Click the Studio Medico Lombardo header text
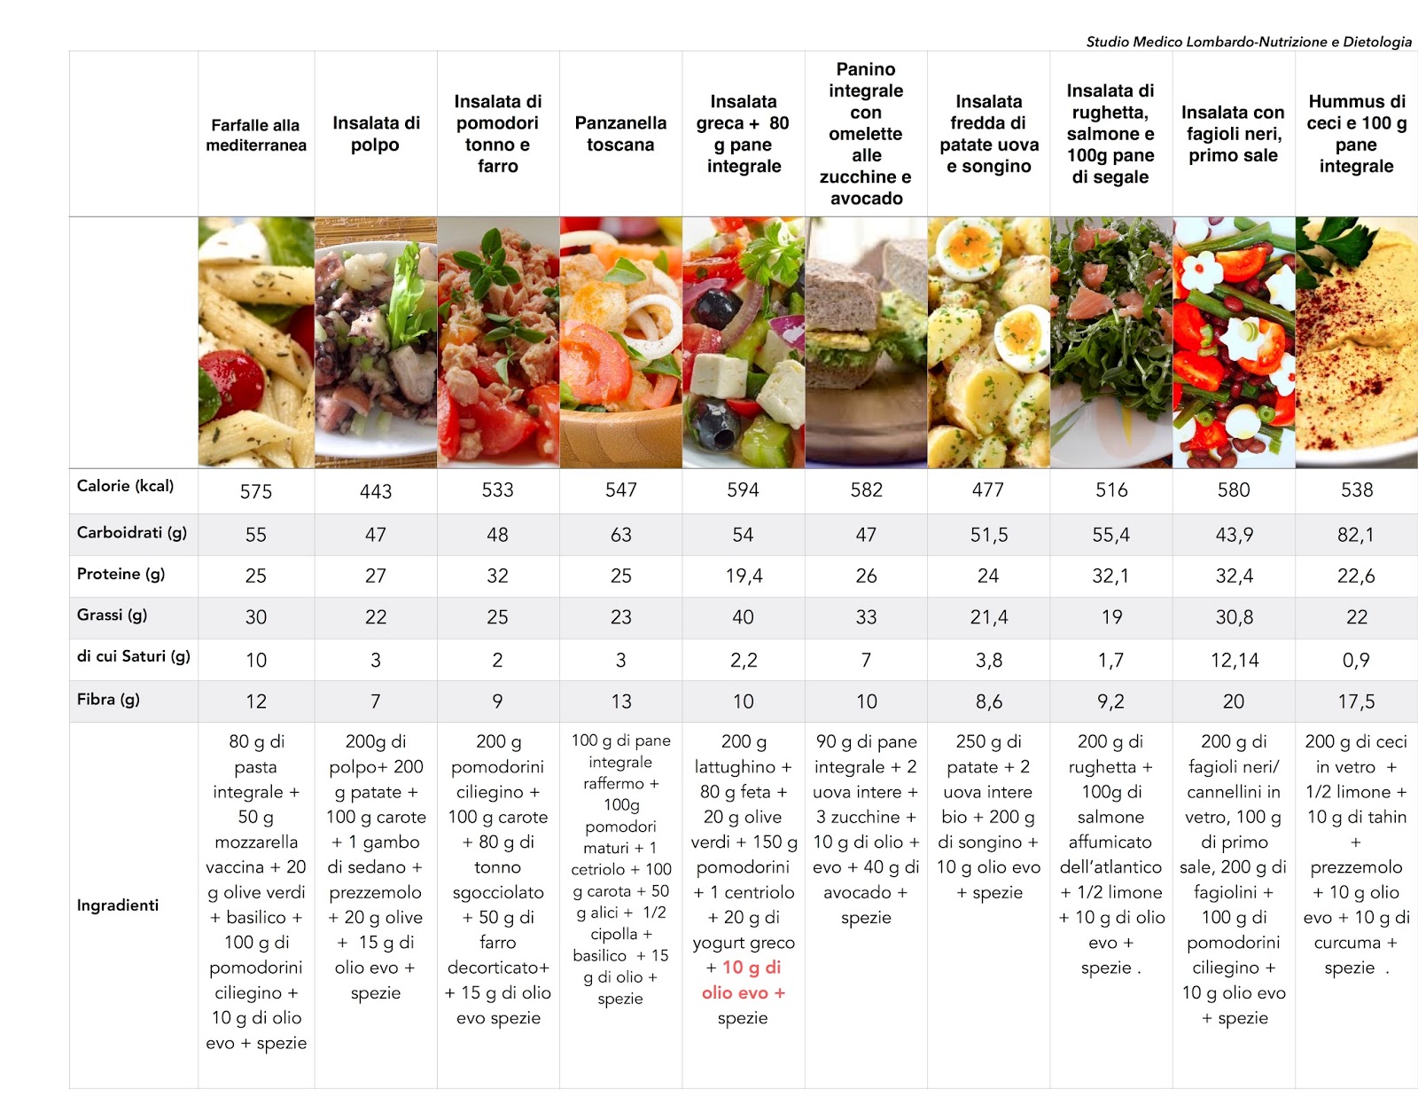[x=1248, y=42]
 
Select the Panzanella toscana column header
[x=620, y=134]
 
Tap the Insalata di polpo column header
[x=376, y=134]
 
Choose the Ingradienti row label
[x=118, y=905]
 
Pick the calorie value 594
[x=743, y=490]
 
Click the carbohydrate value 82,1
[x=1356, y=535]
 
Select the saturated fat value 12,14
[x=1234, y=660]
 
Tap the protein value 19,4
[x=743, y=576]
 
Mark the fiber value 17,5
[x=1356, y=702]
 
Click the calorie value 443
[x=376, y=491]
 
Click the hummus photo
[x=1356, y=342]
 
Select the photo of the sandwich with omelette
[x=866, y=342]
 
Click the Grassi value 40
[x=743, y=617]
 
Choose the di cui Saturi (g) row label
[x=133, y=656]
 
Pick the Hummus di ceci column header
[x=1356, y=134]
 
